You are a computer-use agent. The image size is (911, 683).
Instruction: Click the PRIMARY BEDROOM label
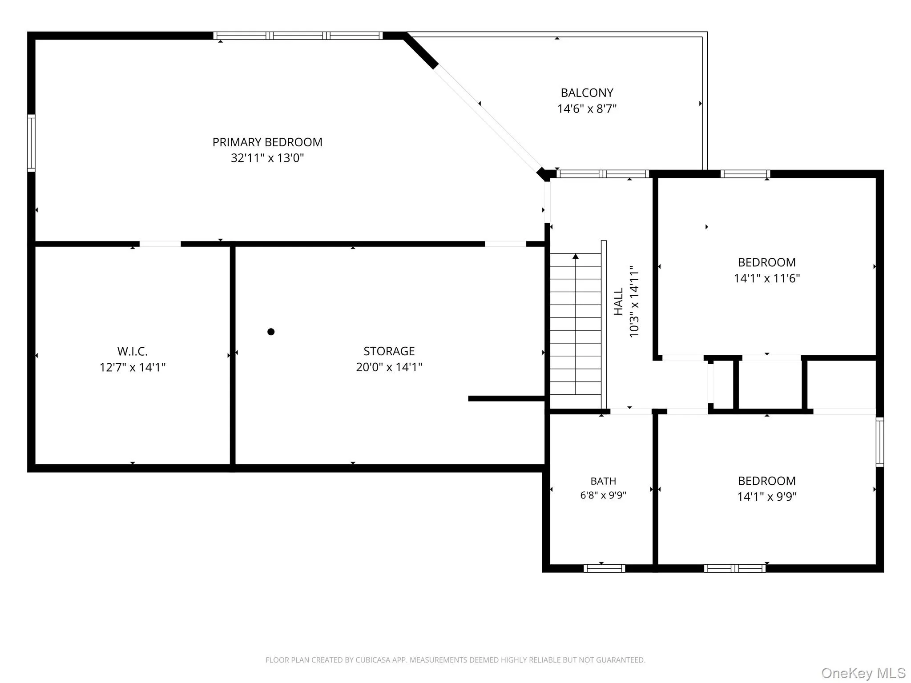point(267,142)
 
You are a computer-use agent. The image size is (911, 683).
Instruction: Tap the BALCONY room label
point(587,93)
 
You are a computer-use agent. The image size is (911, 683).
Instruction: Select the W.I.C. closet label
point(133,352)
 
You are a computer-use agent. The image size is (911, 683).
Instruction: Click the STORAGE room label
point(389,351)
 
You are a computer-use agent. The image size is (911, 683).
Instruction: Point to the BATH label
point(603,481)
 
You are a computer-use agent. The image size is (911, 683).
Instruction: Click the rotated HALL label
point(618,302)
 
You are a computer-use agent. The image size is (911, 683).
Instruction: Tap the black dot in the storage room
point(271,332)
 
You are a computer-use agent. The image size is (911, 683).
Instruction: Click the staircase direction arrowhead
point(576,256)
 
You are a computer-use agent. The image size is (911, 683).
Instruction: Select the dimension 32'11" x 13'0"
point(267,158)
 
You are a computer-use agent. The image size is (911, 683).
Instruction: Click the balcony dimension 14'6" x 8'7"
point(587,109)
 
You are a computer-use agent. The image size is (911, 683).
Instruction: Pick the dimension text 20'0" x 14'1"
point(389,367)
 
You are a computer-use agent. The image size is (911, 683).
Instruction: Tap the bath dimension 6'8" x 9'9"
point(603,495)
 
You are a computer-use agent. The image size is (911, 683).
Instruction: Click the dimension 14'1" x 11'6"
point(767,278)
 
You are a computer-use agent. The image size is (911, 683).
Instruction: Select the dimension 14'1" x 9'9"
point(767,497)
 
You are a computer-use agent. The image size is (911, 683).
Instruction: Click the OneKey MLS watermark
point(863,673)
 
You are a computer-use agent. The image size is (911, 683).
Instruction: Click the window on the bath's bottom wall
point(604,568)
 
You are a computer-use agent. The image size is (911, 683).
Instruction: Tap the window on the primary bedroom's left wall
point(31,143)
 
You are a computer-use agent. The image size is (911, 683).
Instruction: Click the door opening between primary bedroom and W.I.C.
point(160,244)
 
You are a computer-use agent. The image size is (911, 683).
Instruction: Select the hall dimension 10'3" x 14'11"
point(634,302)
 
